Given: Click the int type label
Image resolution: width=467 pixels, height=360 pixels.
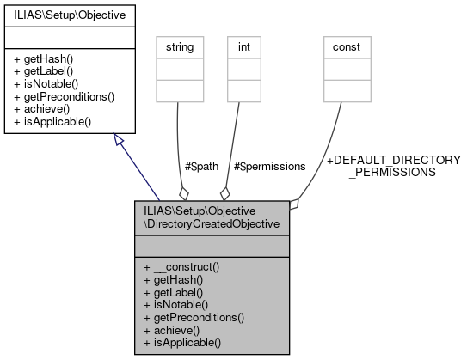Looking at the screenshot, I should pos(245,46).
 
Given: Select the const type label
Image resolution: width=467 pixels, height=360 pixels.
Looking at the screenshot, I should pos(346,46).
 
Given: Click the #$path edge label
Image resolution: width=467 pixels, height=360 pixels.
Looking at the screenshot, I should pos(203,165).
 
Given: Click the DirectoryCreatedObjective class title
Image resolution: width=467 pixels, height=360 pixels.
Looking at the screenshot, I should pos(212,217).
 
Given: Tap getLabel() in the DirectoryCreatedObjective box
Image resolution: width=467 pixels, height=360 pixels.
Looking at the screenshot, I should pos(174,292).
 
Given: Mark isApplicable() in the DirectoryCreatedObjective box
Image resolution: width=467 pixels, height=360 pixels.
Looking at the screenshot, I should pos(181,342).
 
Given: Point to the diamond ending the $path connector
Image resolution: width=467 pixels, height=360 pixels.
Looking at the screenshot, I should pos(182,192).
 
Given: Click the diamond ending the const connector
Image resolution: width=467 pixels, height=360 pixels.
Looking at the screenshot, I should pos(294,204).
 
